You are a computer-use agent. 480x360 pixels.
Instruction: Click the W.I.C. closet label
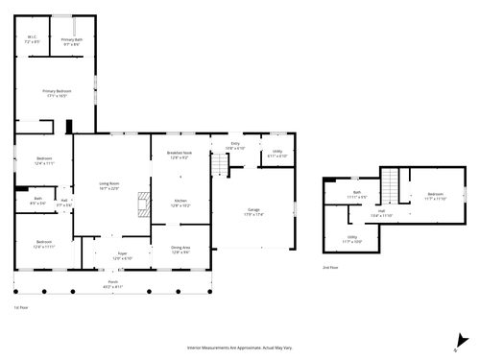pyautogui.click(x=32, y=40)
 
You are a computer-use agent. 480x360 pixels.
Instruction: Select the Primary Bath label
pyautogui.click(x=72, y=40)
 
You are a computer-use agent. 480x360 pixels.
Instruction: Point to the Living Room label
pyautogui.click(x=108, y=185)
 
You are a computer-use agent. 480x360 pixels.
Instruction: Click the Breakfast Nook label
pyautogui.click(x=180, y=155)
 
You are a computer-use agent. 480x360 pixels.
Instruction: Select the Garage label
pyautogui.click(x=254, y=212)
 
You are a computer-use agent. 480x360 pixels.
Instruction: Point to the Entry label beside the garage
pyautogui.click(x=235, y=146)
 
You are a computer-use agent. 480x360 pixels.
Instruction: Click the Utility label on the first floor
pyautogui.click(x=276, y=153)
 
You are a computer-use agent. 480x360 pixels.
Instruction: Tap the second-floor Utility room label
pyautogui.click(x=352, y=238)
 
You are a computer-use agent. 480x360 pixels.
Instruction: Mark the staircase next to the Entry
pyautogui.click(x=219, y=165)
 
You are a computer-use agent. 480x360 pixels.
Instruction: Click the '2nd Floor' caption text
pyautogui.click(x=332, y=268)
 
